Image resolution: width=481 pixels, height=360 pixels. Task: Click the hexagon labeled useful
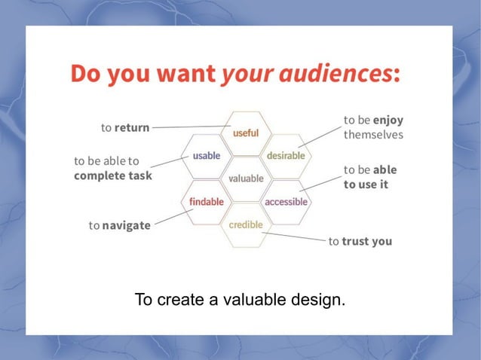click(x=246, y=133)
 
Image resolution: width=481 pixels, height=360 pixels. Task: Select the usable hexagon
click(x=206, y=156)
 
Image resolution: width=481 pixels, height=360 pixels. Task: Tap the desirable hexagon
click(x=286, y=156)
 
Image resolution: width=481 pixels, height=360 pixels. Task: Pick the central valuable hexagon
click(x=246, y=178)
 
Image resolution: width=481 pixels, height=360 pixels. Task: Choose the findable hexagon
click(x=206, y=202)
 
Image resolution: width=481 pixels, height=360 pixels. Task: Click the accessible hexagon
click(x=286, y=202)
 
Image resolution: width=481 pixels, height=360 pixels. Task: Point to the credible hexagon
click(x=246, y=224)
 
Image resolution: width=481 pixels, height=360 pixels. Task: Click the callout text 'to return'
click(x=125, y=128)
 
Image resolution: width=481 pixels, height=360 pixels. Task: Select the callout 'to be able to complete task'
click(x=112, y=168)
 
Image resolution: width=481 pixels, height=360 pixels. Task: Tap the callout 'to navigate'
click(x=119, y=225)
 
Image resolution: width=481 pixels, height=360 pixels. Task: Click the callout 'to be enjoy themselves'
click(x=373, y=127)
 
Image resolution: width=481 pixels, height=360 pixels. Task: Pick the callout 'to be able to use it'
click(x=369, y=177)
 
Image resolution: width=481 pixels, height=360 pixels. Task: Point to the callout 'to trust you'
click(x=360, y=242)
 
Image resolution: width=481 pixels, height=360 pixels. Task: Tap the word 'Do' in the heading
click(x=88, y=75)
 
